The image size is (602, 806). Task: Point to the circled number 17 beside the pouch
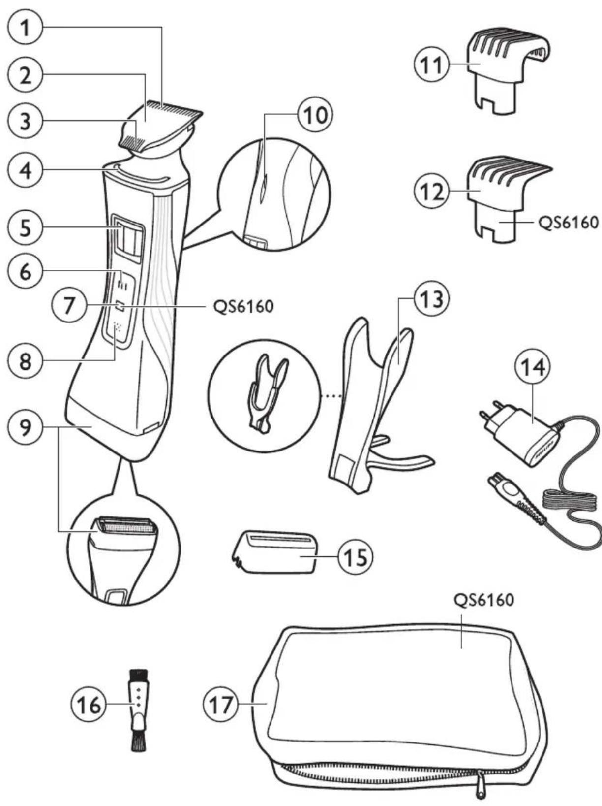220,705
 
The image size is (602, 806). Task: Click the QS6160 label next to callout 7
243,307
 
